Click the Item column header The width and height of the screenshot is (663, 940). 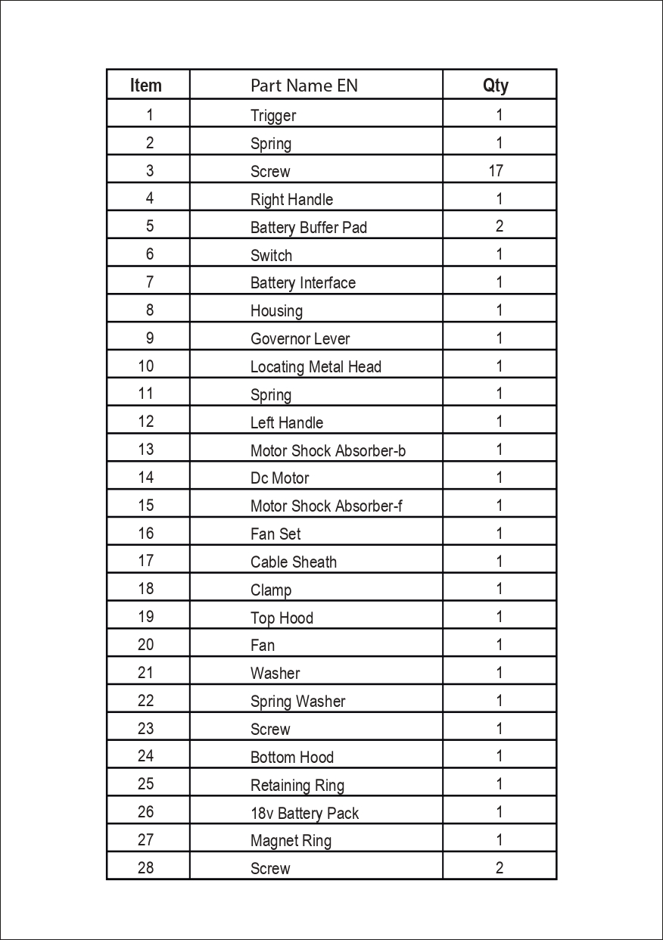pyautogui.click(x=146, y=86)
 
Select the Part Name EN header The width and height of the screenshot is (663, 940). pyautogui.click(x=304, y=86)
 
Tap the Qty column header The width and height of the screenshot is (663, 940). pyautogui.click(x=496, y=86)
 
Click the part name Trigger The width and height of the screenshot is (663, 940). pyautogui.click(x=273, y=116)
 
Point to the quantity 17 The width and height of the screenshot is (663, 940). pyautogui.click(x=496, y=171)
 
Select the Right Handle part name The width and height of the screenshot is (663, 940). pyautogui.click(x=291, y=200)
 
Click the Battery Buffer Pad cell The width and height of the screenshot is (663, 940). pyautogui.click(x=309, y=228)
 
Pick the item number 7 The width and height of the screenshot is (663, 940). pyautogui.click(x=150, y=282)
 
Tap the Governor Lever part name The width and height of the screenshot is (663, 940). pyautogui.click(x=300, y=339)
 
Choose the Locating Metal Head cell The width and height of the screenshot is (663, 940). pyautogui.click(x=316, y=367)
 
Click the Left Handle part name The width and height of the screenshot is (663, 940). pyautogui.click(x=287, y=423)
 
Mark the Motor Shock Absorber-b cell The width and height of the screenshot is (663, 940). pyautogui.click(x=328, y=451)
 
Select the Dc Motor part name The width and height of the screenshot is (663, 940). pyautogui.click(x=280, y=478)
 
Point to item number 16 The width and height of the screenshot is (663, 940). pyautogui.click(x=146, y=534)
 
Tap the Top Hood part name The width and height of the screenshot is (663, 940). pyautogui.click(x=282, y=618)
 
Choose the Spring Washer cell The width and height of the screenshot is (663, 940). pyautogui.click(x=297, y=702)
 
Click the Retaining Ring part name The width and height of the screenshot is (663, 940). pyautogui.click(x=297, y=786)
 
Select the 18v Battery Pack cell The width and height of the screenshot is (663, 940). pyautogui.click(x=304, y=814)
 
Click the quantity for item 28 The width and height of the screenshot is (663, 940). pyautogui.click(x=500, y=868)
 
